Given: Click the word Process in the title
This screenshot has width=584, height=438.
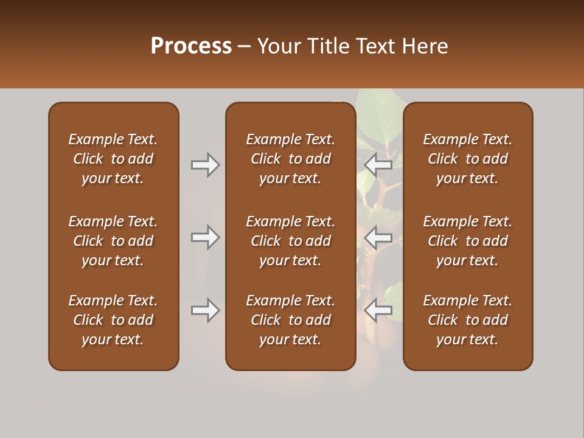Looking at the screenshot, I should click(x=191, y=46).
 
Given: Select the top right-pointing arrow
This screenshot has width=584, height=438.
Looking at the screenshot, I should click(x=206, y=165).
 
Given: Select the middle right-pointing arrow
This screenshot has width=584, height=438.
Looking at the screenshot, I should click(x=206, y=237).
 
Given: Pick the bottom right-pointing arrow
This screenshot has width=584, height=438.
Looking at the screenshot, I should click(x=206, y=310).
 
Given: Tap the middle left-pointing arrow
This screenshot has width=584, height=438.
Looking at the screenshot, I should click(x=378, y=237).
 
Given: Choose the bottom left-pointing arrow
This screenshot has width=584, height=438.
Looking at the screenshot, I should click(x=378, y=310).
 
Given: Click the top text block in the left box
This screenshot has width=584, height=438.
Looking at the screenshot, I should click(x=113, y=159).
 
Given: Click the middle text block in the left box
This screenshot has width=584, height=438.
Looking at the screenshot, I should click(x=113, y=241).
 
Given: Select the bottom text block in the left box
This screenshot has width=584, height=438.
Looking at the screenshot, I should click(x=113, y=320).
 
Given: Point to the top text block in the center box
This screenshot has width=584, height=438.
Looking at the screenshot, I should click(x=290, y=159).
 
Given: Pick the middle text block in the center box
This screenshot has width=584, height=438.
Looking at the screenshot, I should click(x=290, y=241).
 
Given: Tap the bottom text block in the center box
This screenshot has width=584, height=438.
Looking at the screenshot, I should click(x=290, y=320).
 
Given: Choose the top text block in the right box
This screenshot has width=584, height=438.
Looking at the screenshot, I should click(x=467, y=159).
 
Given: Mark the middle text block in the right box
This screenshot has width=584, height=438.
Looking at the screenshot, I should click(x=467, y=241).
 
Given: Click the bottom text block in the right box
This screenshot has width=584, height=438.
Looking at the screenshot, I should click(x=467, y=320).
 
